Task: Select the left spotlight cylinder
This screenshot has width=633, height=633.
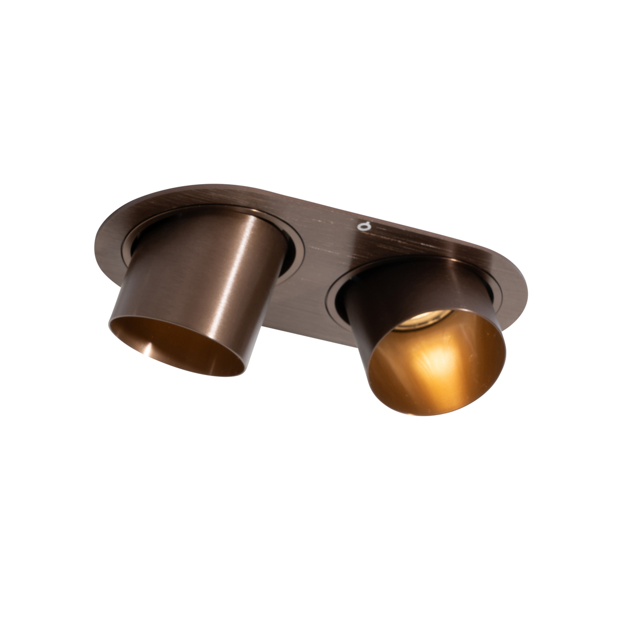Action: click(x=200, y=274)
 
